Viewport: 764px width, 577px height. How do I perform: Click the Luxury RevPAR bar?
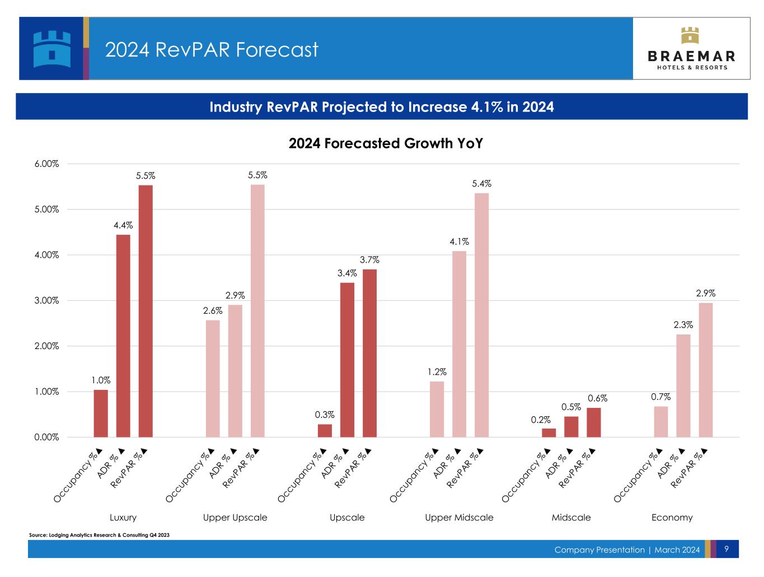pyautogui.click(x=146, y=311)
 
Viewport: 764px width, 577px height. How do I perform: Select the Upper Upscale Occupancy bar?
pyautogui.click(x=213, y=379)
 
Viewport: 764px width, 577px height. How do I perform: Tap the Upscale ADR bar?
pyautogui.click(x=347, y=360)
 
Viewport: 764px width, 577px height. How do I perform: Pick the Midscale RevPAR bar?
pyautogui.click(x=593, y=422)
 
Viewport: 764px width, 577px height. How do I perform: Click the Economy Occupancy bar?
pyautogui.click(x=660, y=422)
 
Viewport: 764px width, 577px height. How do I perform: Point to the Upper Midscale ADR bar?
pyautogui.click(x=459, y=344)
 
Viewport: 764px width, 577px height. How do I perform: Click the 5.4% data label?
pyautogui.click(x=481, y=184)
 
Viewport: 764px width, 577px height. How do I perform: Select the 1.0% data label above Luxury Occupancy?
pyautogui.click(x=101, y=380)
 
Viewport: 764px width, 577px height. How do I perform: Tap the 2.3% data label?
pyautogui.click(x=683, y=324)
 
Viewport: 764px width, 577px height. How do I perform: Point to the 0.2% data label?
pyautogui.click(x=541, y=420)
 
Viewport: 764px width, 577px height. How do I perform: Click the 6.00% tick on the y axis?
pyautogui.click(x=46, y=164)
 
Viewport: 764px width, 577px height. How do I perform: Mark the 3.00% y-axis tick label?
pyautogui.click(x=46, y=300)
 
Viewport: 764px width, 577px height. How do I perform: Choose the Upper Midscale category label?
pyautogui.click(x=459, y=518)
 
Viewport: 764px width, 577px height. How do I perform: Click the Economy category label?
pyautogui.click(x=672, y=518)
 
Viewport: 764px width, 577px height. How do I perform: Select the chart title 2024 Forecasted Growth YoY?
pyautogui.click(x=386, y=143)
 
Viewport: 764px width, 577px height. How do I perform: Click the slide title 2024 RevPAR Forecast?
pyautogui.click(x=212, y=49)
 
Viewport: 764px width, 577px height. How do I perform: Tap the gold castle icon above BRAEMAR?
pyautogui.click(x=690, y=35)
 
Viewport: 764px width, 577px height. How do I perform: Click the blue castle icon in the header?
pyautogui.click(x=52, y=49)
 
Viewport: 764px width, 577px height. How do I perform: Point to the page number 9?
pyautogui.click(x=726, y=549)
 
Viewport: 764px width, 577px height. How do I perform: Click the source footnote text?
pyautogui.click(x=99, y=535)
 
